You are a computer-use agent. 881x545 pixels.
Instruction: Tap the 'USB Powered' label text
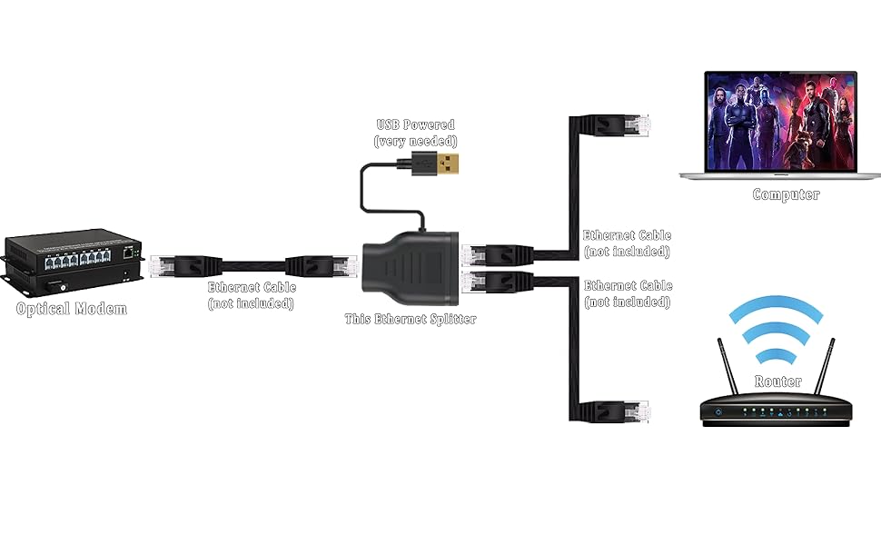click(x=415, y=124)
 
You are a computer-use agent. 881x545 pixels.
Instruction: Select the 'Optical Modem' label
click(x=72, y=309)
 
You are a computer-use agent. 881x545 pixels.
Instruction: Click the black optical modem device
click(x=73, y=264)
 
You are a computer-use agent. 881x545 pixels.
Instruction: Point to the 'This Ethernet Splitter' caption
click(x=410, y=319)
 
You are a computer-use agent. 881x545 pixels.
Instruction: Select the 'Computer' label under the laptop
click(x=786, y=194)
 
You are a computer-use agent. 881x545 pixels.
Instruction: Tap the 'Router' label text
click(x=778, y=381)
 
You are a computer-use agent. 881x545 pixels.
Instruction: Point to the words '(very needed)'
click(x=415, y=141)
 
